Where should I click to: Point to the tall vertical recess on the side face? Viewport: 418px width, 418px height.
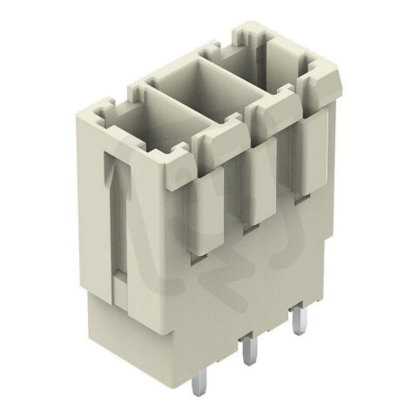(x=118, y=218)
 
